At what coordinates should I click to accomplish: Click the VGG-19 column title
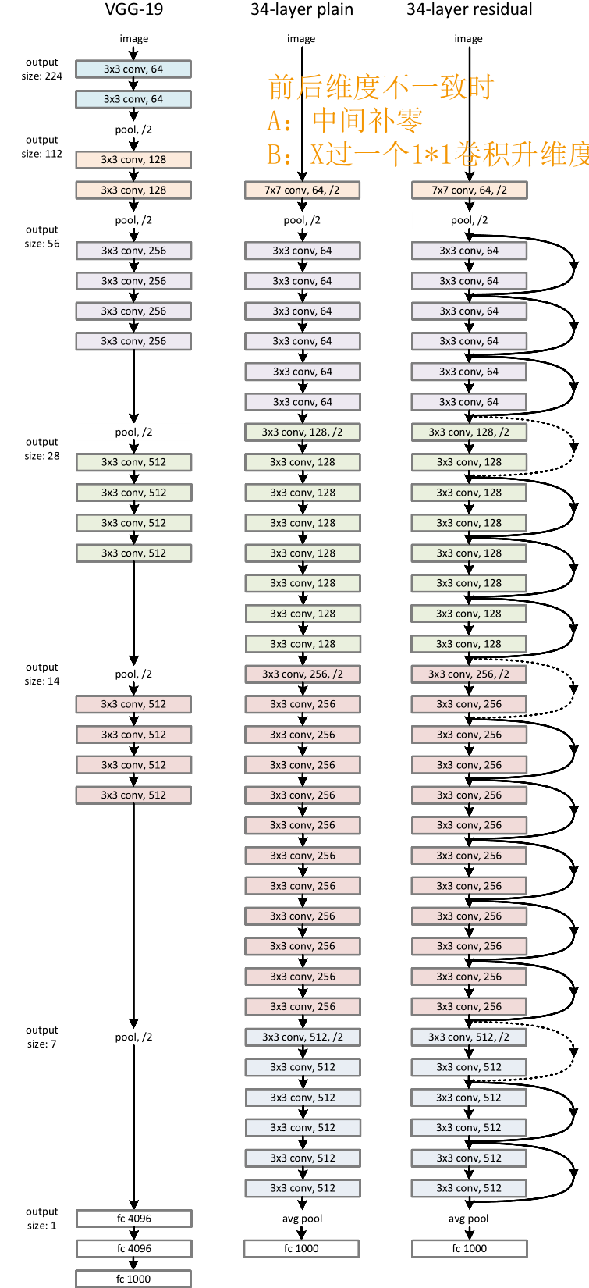click(133, 10)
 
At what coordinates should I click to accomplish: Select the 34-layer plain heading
click(301, 10)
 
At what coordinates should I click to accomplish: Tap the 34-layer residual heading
click(469, 10)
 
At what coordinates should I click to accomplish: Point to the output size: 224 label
click(41, 69)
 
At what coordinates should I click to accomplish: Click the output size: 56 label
click(41, 237)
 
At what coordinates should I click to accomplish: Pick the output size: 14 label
click(41, 674)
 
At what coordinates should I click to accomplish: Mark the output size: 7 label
click(41, 1037)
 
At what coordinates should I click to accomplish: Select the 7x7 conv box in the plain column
click(302, 190)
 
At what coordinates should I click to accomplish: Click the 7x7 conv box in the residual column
click(469, 190)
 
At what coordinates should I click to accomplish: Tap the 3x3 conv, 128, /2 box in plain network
click(302, 432)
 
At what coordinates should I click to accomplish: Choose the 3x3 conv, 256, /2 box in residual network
click(469, 674)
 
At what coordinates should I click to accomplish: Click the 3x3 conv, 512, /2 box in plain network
click(302, 1037)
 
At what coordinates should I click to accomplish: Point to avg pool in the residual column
click(469, 1219)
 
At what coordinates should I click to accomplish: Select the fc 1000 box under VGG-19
click(133, 1279)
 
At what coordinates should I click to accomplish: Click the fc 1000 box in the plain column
click(301, 1248)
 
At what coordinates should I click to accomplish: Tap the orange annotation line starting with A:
click(345, 120)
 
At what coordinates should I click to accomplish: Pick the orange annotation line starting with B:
click(428, 154)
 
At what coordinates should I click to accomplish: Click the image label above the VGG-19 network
click(133, 38)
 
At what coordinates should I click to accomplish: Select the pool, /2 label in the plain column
click(302, 220)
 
